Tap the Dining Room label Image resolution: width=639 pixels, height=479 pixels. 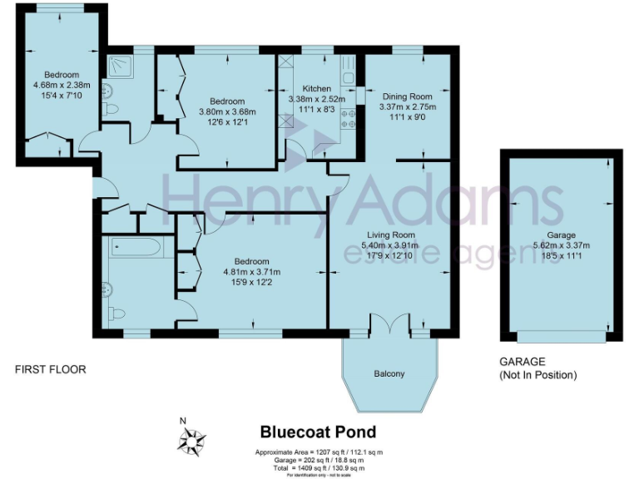[407, 96]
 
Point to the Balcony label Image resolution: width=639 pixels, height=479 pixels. [389, 374]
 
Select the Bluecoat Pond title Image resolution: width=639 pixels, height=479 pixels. [318, 432]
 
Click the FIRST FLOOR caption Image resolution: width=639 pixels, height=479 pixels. [50, 369]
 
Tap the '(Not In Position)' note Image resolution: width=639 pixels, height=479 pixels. [537, 375]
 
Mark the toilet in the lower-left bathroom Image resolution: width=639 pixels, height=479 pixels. [116, 314]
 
